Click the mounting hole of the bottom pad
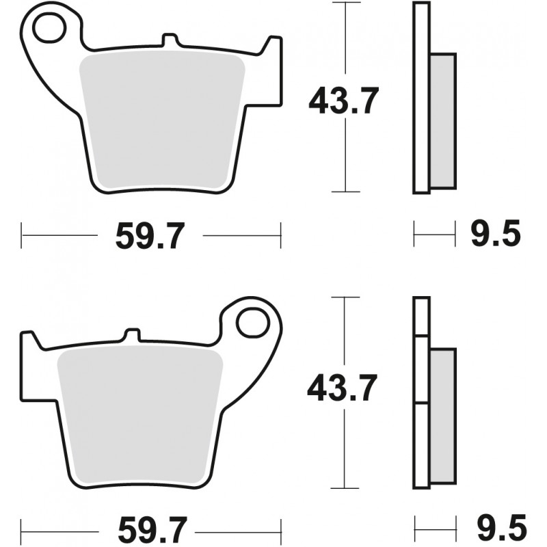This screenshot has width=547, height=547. click(254, 321)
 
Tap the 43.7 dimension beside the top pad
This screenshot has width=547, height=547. click(343, 102)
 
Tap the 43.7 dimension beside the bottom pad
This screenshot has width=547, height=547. click(342, 390)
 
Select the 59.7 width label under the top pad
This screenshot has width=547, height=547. click(150, 237)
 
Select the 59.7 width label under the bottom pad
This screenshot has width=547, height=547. click(150, 528)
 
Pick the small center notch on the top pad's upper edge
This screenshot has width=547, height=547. click(165, 41)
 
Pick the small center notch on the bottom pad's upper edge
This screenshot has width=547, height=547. click(132, 335)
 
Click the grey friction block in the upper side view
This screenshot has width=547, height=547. click(442, 121)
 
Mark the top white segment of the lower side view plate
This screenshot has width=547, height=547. click(422, 317)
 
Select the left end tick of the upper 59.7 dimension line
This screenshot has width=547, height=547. click(22, 236)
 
